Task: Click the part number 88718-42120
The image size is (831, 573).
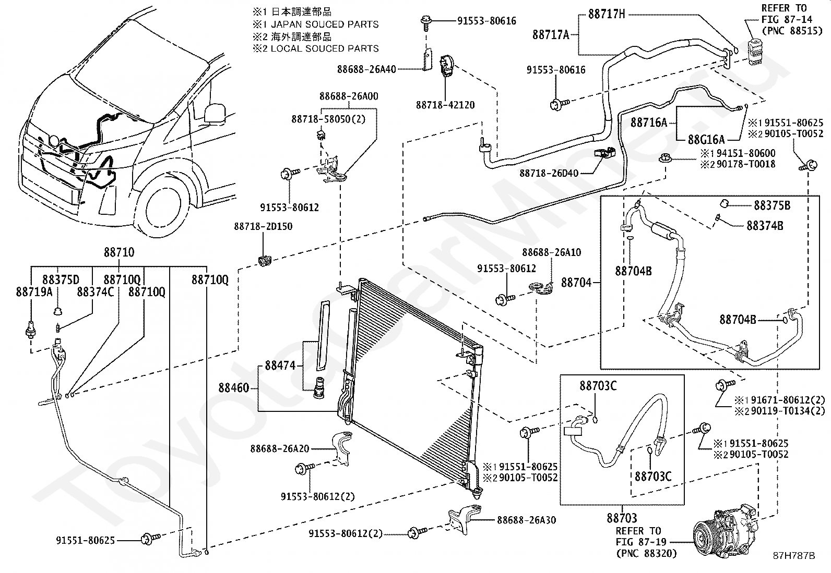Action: [x=445, y=105]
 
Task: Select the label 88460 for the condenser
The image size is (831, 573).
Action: [x=233, y=388]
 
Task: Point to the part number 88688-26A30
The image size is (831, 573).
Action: [x=527, y=520]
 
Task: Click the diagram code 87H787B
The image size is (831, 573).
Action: [x=793, y=556]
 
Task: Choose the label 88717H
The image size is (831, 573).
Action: [x=607, y=15]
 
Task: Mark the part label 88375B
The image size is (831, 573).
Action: [x=772, y=205]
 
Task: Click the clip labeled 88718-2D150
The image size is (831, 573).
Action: [x=265, y=261]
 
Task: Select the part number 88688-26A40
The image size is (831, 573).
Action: [x=366, y=69]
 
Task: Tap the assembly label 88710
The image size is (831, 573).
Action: [x=118, y=252]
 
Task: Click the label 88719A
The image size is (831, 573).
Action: [x=34, y=292]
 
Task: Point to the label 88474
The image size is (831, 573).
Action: [x=280, y=365]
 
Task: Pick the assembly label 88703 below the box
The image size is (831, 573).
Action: [x=622, y=518]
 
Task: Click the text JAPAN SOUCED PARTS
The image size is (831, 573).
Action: [x=325, y=25]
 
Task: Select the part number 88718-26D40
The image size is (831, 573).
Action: [x=549, y=173]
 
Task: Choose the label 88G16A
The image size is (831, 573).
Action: [x=706, y=140]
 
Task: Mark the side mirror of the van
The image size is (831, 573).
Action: [x=215, y=112]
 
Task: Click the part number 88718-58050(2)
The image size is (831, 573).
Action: [x=328, y=119]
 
